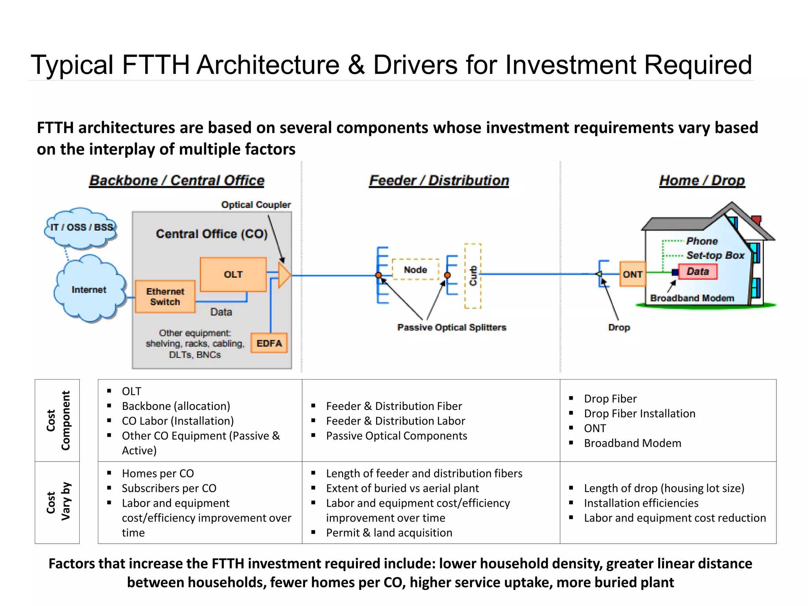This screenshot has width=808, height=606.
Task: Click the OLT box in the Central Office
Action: (233, 274)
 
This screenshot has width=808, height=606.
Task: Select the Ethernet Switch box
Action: (165, 297)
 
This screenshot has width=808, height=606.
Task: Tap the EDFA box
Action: (269, 343)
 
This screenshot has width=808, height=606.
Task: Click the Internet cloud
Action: (89, 290)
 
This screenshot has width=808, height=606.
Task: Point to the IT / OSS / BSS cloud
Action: (81, 227)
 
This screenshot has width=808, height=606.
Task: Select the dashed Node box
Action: (415, 269)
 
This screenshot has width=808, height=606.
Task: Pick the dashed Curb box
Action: (473, 276)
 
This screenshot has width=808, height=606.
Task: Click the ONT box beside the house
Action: (632, 274)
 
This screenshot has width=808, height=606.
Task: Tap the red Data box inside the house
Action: (698, 271)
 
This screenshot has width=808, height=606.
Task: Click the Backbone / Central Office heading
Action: (177, 180)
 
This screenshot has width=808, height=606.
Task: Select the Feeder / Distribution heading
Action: (439, 180)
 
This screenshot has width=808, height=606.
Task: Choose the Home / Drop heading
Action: (702, 180)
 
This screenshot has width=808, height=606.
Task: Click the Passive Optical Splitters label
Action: (451, 327)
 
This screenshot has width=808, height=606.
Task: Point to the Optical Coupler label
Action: (256, 205)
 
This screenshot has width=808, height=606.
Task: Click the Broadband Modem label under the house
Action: (692, 298)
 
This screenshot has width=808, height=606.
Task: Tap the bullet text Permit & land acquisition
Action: (389, 533)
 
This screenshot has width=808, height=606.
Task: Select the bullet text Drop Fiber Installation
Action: (640, 413)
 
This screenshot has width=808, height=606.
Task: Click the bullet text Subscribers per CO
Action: (169, 488)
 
